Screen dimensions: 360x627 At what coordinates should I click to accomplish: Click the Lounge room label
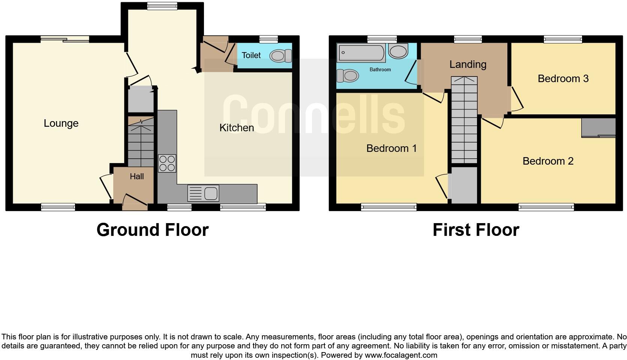pyautogui.click(x=61, y=123)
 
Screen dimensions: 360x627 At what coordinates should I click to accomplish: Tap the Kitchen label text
pyautogui.click(x=237, y=128)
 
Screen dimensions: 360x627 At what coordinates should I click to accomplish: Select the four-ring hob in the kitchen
pyautogui.click(x=167, y=163)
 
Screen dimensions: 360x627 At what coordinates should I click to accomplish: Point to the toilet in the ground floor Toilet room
pyautogui.click(x=281, y=56)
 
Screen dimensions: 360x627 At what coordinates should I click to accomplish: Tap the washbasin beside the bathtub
pyautogui.click(x=398, y=51)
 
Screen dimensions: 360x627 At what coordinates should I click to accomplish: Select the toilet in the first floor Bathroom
pyautogui.click(x=347, y=76)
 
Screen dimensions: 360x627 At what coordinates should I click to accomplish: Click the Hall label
pyautogui.click(x=137, y=177)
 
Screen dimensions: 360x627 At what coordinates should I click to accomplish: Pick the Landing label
pyautogui.click(x=468, y=64)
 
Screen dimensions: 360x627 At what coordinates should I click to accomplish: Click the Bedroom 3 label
pyautogui.click(x=563, y=79)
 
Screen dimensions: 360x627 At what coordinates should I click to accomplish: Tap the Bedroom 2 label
pyautogui.click(x=548, y=161)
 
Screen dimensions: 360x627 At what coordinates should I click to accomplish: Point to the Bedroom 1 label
pyautogui.click(x=391, y=148)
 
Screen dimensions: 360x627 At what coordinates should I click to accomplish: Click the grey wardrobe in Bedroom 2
pyautogui.click(x=598, y=128)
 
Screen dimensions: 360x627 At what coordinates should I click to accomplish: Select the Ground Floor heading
pyautogui.click(x=152, y=229)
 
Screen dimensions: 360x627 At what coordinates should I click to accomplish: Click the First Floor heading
pyautogui.click(x=475, y=229)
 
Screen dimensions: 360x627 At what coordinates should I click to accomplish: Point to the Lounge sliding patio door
pyautogui.click(x=65, y=39)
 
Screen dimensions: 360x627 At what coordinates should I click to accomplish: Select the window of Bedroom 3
pyautogui.click(x=563, y=39)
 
